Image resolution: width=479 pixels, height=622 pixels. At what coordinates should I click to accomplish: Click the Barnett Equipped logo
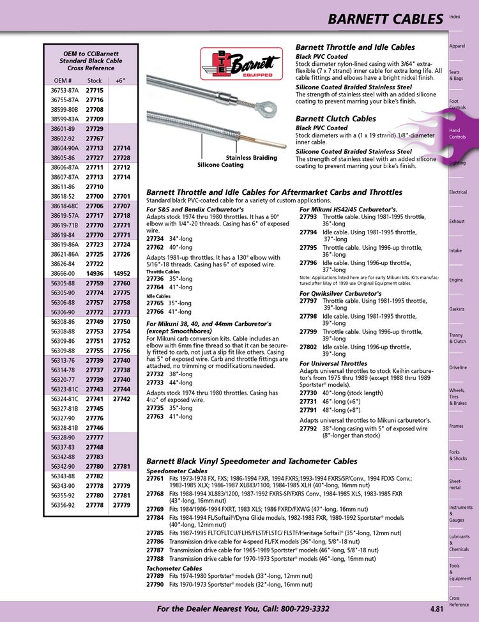pos(241,65)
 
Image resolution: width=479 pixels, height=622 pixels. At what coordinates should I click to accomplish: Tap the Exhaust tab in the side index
pos(457,221)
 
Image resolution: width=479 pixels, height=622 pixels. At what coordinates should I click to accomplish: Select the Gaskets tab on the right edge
pos(457,309)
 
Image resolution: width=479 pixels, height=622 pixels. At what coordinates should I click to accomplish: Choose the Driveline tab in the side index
pos(458,368)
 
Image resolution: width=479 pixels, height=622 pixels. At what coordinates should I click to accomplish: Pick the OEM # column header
pos(63,81)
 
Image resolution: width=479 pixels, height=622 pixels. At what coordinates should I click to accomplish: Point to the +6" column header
pos(121,81)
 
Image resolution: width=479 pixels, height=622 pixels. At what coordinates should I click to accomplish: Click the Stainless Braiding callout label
pos(251,157)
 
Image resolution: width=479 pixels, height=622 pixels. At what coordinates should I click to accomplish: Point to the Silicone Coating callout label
pos(220,165)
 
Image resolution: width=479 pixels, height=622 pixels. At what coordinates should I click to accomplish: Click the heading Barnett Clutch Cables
pos(336,119)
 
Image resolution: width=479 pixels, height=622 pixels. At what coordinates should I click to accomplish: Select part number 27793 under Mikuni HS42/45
pos(308,217)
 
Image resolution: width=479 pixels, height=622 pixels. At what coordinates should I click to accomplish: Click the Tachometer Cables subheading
pos(174,568)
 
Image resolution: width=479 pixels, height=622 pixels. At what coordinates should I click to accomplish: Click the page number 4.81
pos(431,609)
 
